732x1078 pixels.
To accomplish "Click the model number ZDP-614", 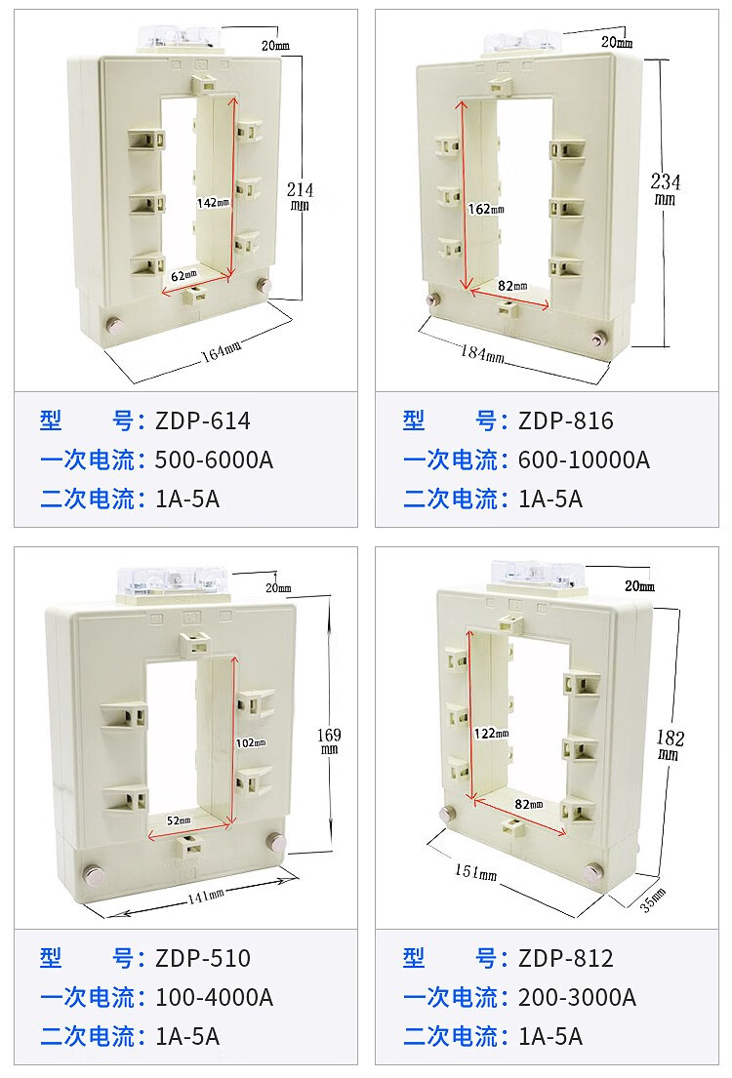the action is click(x=202, y=420).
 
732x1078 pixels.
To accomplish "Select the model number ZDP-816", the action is click(x=565, y=420).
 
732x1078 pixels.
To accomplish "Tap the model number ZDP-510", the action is click(x=202, y=958).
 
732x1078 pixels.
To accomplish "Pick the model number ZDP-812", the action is click(x=565, y=958).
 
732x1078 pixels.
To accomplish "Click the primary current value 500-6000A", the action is click(x=214, y=459).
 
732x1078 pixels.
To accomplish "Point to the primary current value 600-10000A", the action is click(x=584, y=459).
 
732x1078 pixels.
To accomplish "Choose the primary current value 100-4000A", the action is click(x=214, y=997).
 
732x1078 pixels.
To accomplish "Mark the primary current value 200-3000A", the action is click(x=577, y=997).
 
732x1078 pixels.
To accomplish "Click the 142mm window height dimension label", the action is click(x=213, y=203).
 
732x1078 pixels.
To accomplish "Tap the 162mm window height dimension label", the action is click(x=486, y=209).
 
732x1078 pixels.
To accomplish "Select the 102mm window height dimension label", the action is click(x=251, y=742).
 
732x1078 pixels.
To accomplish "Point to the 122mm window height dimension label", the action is click(x=492, y=734).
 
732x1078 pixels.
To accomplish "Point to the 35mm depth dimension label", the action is click(x=653, y=898).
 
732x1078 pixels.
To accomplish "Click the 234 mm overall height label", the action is click(x=666, y=188).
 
